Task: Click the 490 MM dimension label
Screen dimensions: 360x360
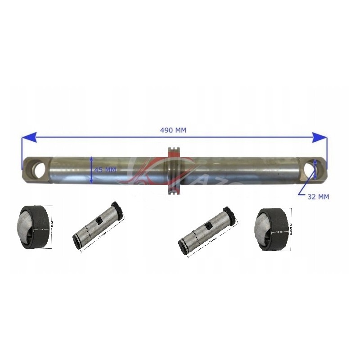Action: coord(173,130)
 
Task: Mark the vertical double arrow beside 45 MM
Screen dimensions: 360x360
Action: coord(91,170)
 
